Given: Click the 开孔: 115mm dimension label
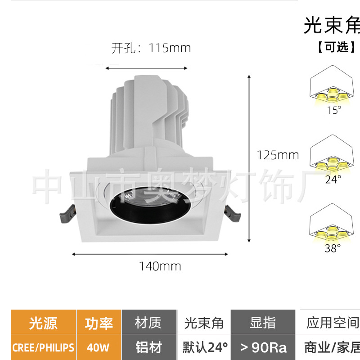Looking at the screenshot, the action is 151,48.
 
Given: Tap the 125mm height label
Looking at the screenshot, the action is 278,155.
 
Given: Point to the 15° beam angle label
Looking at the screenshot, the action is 333,110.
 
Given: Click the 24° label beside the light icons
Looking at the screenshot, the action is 333,179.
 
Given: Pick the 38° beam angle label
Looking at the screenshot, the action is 333,248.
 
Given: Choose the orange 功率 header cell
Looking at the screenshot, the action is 99,323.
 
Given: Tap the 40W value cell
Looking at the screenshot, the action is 99,347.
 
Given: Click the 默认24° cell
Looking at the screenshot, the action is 205,347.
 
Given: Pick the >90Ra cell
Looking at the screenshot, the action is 263,347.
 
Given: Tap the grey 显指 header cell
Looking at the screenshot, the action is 263,323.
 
